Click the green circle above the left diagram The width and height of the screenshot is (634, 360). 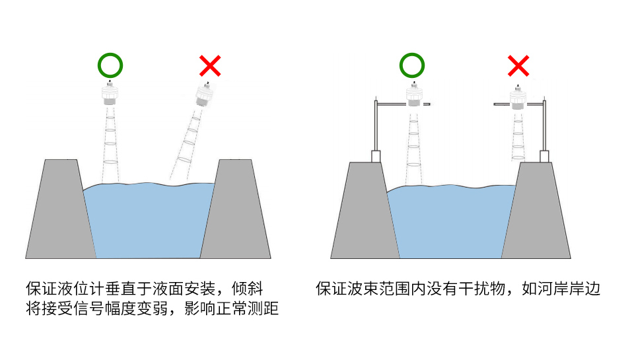[x=111, y=65]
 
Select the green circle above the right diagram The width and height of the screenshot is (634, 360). [x=412, y=65]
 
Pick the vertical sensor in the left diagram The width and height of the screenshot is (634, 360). [x=111, y=94]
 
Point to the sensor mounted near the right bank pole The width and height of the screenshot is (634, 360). [x=519, y=99]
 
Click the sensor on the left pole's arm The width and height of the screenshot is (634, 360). [x=413, y=96]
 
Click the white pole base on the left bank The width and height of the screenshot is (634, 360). [x=376, y=157]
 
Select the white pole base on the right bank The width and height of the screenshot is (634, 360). [x=545, y=157]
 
